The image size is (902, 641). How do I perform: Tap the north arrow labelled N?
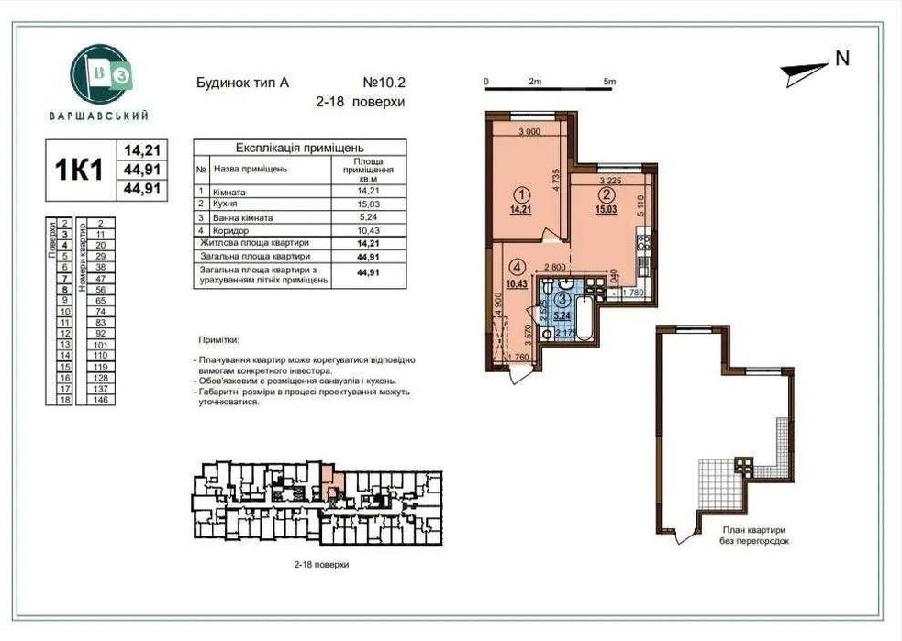[x=817, y=63]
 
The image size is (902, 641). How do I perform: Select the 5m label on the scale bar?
[x=609, y=82]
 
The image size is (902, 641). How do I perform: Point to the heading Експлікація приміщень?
[x=287, y=147]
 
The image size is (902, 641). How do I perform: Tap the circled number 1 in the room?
[x=521, y=194]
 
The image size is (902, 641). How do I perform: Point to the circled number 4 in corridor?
[x=518, y=268]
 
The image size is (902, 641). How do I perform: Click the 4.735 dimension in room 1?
[x=557, y=178]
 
